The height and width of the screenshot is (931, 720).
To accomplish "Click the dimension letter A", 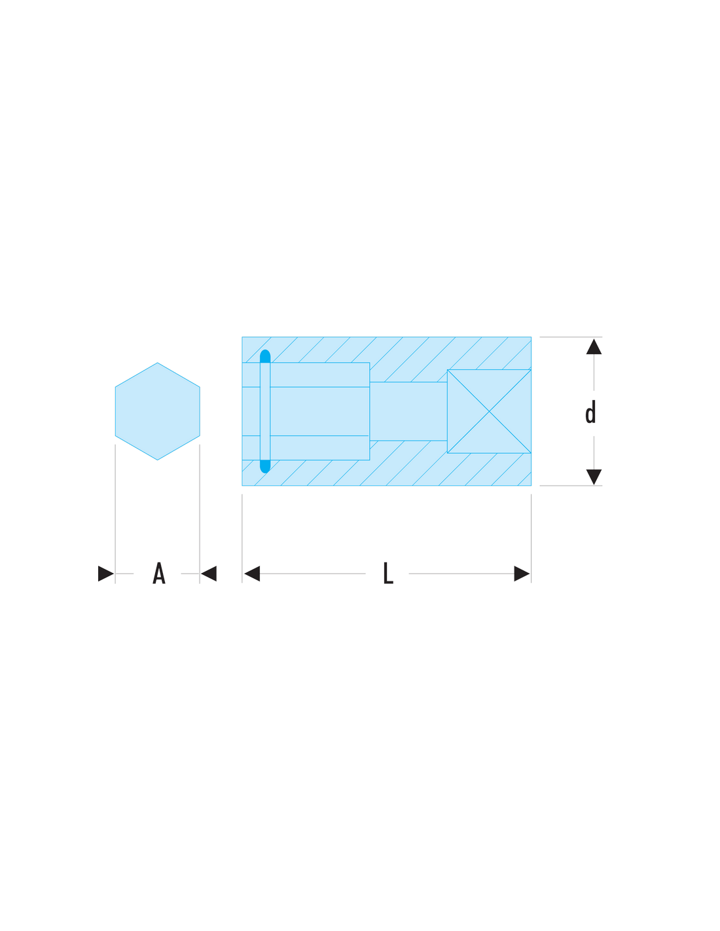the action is pyautogui.click(x=159, y=573).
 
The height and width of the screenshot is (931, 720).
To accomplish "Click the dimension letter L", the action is pyautogui.click(x=388, y=573).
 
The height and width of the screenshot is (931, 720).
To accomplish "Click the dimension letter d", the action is pyautogui.click(x=590, y=412).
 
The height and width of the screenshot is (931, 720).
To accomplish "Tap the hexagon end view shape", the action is pyautogui.click(x=157, y=411).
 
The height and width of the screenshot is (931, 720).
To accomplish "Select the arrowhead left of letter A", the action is pyautogui.click(x=106, y=574).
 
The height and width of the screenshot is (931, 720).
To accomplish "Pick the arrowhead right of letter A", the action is pyautogui.click(x=209, y=574).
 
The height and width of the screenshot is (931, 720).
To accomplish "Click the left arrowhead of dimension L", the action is pyautogui.click(x=252, y=574).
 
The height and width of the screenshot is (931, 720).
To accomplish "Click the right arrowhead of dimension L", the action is pyautogui.click(x=522, y=574).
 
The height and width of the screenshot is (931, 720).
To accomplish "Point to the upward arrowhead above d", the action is pyautogui.click(x=594, y=346).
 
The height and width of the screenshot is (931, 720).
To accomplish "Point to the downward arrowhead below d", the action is pyautogui.click(x=594, y=477).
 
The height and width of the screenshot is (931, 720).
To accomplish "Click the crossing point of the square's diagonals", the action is pyautogui.click(x=489, y=411).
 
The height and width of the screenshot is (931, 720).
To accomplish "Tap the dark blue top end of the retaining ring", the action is pyautogui.click(x=265, y=356).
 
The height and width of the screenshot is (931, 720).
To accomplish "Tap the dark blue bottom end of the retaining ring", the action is pyautogui.click(x=265, y=467).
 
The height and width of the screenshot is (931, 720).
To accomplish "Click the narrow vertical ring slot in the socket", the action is pyautogui.click(x=265, y=411).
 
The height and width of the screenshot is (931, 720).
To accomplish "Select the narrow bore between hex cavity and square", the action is pyautogui.click(x=408, y=411).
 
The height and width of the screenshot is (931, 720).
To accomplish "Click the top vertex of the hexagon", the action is pyautogui.click(x=157, y=363).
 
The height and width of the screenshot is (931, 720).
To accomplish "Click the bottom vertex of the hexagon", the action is pyautogui.click(x=157, y=460).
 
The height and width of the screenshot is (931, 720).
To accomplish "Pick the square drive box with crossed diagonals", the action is pyautogui.click(x=489, y=411).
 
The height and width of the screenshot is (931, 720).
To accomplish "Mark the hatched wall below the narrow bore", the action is pyautogui.click(x=408, y=464).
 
